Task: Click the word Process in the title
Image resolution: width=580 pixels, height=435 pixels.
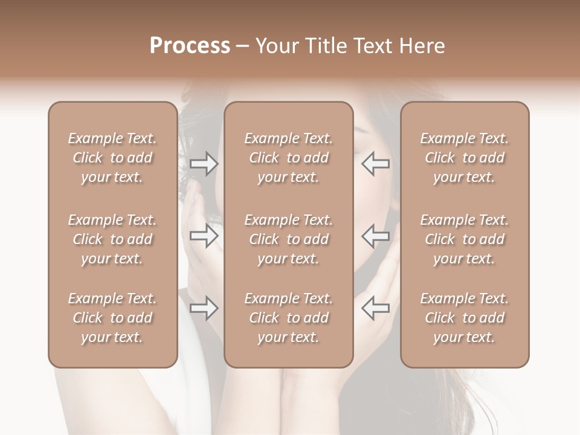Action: click(x=190, y=46)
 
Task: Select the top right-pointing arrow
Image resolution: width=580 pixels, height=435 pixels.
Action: click(x=204, y=164)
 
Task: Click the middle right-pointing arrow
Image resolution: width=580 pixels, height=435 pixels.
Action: click(x=204, y=236)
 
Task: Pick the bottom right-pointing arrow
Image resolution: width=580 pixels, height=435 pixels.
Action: click(x=204, y=309)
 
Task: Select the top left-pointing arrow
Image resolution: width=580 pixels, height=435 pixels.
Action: click(x=375, y=164)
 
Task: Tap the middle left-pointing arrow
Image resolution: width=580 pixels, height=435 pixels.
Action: click(x=375, y=236)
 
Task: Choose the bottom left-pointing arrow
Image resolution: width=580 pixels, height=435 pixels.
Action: click(x=375, y=309)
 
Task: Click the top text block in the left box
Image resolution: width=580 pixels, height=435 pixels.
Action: click(x=112, y=158)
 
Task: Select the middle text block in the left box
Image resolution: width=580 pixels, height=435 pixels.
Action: click(x=112, y=239)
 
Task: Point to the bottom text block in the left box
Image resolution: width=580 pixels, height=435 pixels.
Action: click(x=112, y=318)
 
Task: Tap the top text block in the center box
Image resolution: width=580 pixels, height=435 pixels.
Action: click(x=288, y=158)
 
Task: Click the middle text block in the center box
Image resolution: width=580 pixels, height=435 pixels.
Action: click(x=288, y=239)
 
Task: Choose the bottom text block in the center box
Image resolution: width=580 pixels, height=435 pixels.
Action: click(x=288, y=318)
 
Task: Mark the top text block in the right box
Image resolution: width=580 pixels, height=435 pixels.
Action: click(x=465, y=158)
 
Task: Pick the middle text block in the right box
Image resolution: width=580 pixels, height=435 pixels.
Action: click(x=465, y=239)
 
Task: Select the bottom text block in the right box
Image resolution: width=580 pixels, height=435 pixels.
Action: click(x=465, y=318)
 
